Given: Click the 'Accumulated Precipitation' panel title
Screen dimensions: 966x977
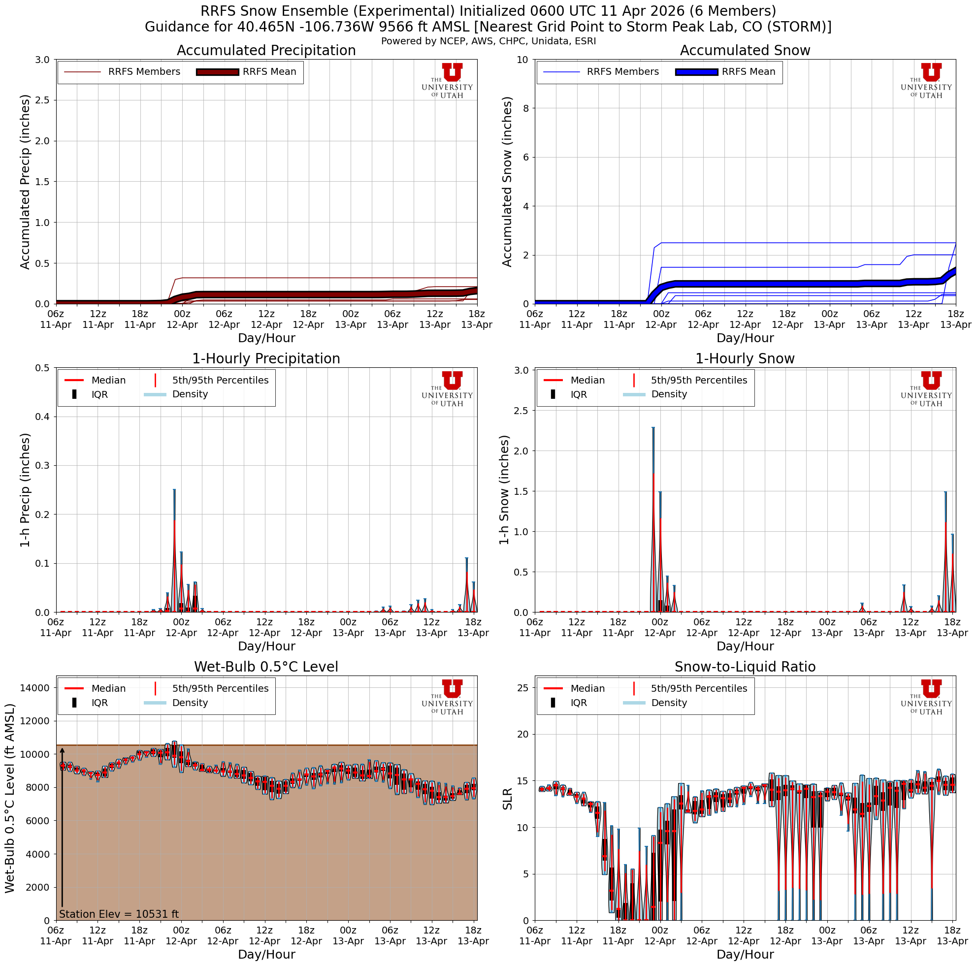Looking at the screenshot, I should click(x=266, y=51).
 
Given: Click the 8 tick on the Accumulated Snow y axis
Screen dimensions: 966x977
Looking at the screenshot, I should click(x=524, y=108).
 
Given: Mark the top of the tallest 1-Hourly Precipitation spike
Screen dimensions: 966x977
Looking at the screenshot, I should click(x=174, y=490).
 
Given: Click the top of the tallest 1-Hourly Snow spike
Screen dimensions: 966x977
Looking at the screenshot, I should click(x=653, y=428).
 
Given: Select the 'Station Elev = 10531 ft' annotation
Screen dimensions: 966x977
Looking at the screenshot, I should click(x=119, y=914).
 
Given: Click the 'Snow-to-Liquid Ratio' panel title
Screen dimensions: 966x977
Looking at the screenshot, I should click(x=745, y=667).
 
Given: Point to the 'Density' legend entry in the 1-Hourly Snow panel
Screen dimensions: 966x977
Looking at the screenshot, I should click(x=669, y=394).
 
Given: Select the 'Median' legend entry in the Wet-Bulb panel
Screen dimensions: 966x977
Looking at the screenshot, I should click(x=108, y=688).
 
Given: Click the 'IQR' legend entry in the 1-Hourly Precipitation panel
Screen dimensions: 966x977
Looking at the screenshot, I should click(x=99, y=394).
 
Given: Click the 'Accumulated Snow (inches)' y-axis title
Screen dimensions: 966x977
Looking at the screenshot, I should click(x=507, y=182).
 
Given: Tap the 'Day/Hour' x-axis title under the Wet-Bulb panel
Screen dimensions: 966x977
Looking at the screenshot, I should click(x=266, y=954).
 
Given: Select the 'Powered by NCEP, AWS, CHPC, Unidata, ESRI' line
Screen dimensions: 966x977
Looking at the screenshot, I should click(x=488, y=41).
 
